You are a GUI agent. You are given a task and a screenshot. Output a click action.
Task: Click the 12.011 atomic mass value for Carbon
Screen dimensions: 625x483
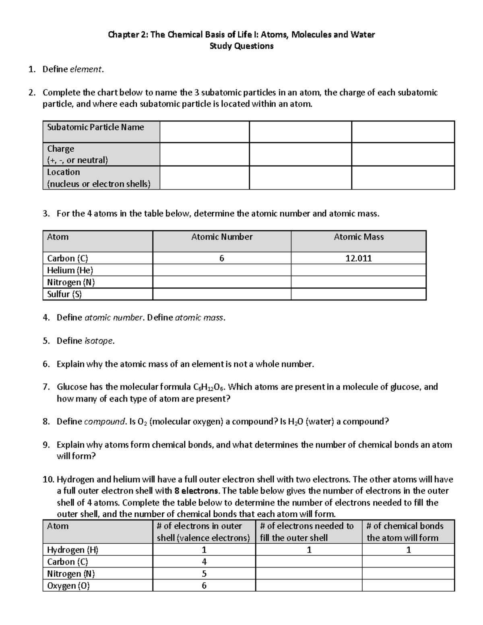(358, 258)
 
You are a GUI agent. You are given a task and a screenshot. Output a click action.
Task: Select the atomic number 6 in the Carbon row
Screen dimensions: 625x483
(221, 258)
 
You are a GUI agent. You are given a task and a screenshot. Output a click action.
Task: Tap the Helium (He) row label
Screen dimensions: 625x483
(70, 270)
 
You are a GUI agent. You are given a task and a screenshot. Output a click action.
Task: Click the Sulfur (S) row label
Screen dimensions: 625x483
(64, 294)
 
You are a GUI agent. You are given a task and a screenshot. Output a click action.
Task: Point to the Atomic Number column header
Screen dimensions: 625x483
(222, 237)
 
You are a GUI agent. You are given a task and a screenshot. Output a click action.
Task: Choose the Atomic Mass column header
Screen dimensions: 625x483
(359, 237)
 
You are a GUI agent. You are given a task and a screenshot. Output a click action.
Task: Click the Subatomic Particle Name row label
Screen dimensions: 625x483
(95, 127)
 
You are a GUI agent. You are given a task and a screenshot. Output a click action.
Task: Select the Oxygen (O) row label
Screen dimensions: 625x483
(68, 586)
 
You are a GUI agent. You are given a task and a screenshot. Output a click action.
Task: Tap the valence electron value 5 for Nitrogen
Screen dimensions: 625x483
(204, 573)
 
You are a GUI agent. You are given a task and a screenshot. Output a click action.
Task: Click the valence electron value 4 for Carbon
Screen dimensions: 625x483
(204, 562)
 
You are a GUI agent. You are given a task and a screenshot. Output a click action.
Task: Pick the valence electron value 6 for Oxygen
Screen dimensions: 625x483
(204, 586)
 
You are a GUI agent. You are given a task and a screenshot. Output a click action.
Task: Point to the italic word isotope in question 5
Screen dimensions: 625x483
(99, 341)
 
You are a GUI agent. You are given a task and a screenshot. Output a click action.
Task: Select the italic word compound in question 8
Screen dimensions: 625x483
(105, 422)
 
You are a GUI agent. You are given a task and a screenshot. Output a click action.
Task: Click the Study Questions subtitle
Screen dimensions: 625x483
(242, 46)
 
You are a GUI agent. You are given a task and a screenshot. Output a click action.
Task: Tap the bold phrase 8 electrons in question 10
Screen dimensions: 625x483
(197, 491)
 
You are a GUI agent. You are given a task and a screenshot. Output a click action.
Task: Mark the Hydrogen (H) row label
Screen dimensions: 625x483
(73, 550)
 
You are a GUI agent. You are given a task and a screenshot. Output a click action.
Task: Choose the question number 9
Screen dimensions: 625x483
(46, 445)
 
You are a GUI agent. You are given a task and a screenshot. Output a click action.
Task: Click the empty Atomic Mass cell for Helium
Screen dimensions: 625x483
(358, 270)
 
